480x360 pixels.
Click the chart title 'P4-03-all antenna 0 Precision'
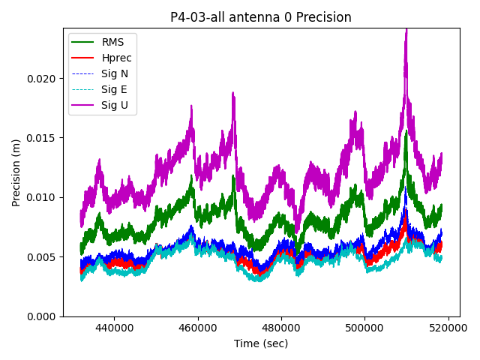point(260,17)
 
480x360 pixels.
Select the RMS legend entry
point(112,42)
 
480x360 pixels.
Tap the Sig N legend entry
point(115,73)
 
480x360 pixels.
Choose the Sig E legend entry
point(114,89)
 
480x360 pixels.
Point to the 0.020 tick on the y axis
point(42,79)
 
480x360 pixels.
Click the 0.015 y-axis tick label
point(42,138)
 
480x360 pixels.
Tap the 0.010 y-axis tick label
point(42,197)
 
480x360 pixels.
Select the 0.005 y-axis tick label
point(42,257)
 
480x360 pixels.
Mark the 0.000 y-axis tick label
point(42,316)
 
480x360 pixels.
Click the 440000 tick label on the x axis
point(114,328)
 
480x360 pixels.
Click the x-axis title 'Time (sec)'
point(260,343)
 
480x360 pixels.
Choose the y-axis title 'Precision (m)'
point(16,172)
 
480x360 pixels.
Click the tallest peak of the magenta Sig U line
point(406,30)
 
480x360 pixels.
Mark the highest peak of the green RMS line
point(406,132)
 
